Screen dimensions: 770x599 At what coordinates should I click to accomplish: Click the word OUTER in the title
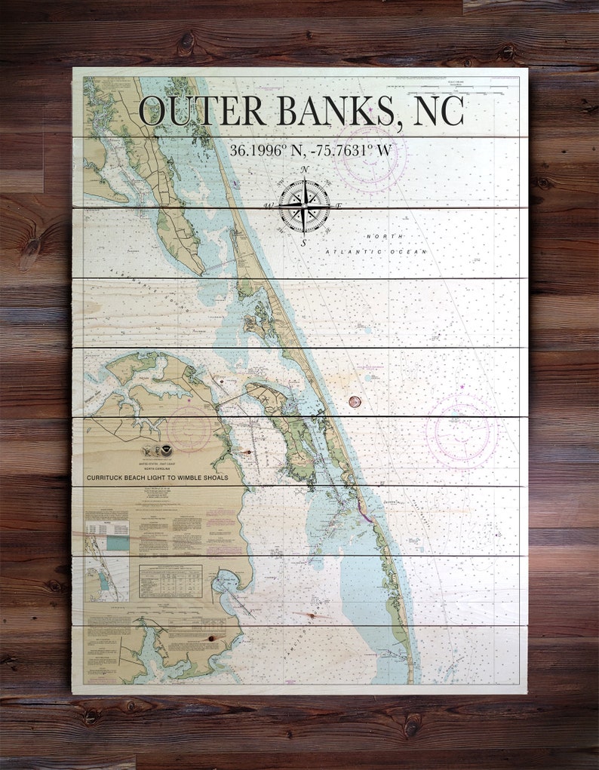[x=201, y=111]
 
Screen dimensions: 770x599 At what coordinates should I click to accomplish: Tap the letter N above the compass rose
[x=304, y=170]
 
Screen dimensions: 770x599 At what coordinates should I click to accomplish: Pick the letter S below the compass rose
[x=303, y=243]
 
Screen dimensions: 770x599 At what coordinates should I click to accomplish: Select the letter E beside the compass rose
[x=339, y=206]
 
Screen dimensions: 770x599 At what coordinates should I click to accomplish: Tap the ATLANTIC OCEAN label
[x=376, y=251]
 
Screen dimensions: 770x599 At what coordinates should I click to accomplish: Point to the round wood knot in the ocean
[x=354, y=401]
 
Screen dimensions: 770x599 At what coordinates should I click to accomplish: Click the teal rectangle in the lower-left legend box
[x=117, y=542]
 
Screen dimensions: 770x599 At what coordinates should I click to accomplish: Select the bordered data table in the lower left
[x=170, y=581]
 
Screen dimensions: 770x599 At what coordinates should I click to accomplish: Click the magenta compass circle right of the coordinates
[x=370, y=157]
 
